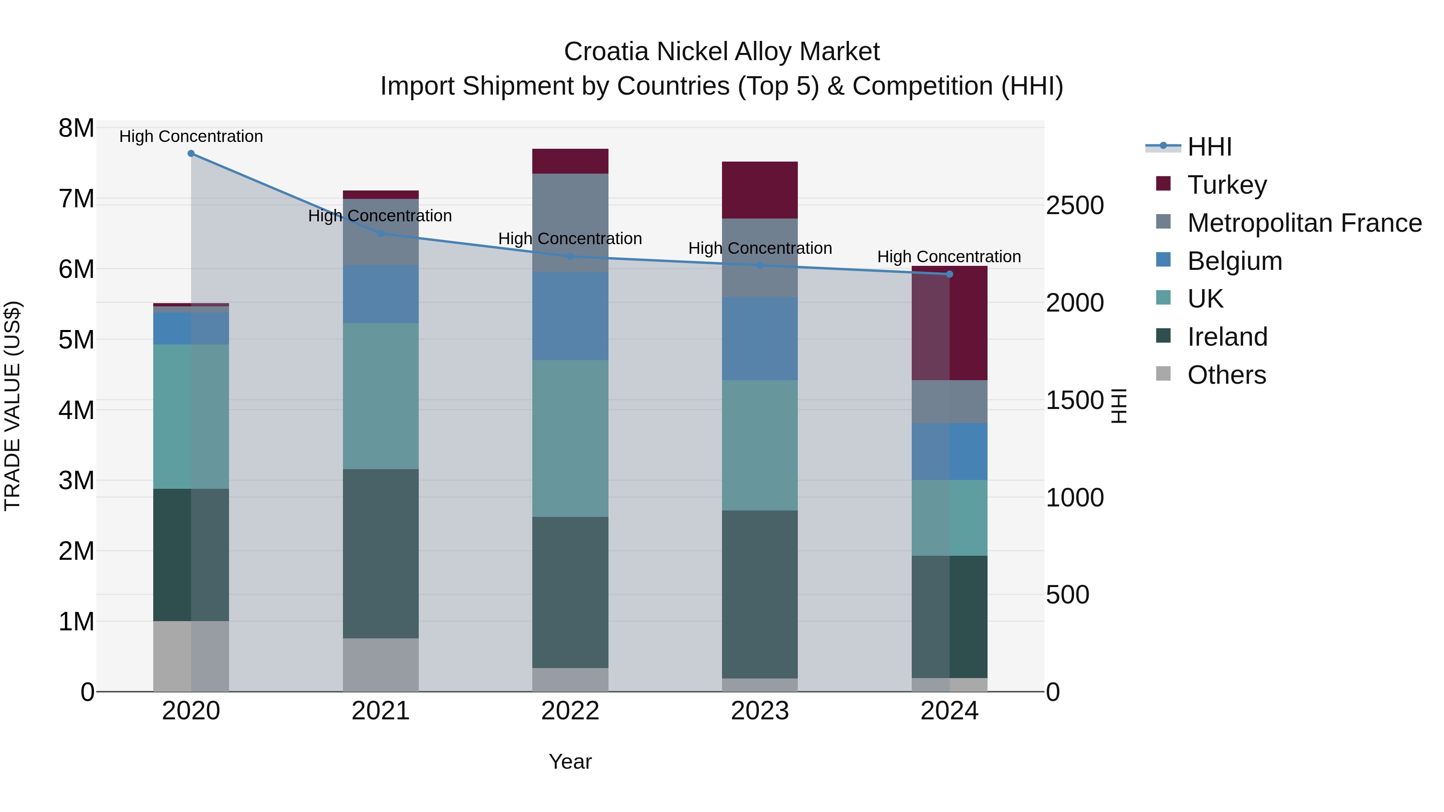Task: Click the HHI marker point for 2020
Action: (x=191, y=154)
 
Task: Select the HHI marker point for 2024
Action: (x=949, y=274)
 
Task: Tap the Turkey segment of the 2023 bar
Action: (x=760, y=190)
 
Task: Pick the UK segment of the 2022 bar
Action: (x=570, y=438)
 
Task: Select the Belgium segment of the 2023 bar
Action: (x=760, y=338)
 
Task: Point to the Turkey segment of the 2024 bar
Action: (x=949, y=323)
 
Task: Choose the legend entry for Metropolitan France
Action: (x=1304, y=223)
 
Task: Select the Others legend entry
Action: (x=1227, y=375)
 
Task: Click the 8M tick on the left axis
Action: (x=76, y=128)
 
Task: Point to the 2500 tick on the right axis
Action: (x=1075, y=206)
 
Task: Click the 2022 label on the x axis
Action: (x=570, y=711)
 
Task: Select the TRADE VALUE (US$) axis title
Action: (x=12, y=406)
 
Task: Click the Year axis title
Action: (x=570, y=761)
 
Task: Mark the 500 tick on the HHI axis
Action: (x=1067, y=595)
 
